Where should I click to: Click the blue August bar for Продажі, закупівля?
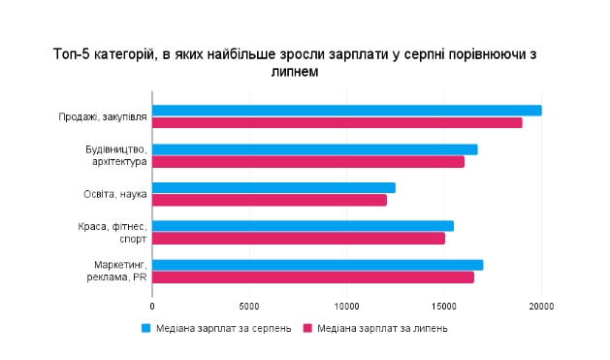347,111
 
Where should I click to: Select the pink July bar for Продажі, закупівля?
337,122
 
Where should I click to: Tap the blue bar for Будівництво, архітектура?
315,149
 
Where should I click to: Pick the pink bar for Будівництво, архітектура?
308,161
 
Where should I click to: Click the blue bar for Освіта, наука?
274,187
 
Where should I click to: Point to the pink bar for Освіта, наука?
270,200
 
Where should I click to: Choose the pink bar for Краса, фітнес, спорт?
299,238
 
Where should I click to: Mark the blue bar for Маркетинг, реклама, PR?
318,265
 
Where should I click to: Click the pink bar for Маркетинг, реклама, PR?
313,278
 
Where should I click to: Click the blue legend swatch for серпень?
146,328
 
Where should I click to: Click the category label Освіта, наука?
115,194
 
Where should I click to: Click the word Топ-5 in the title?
71,55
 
